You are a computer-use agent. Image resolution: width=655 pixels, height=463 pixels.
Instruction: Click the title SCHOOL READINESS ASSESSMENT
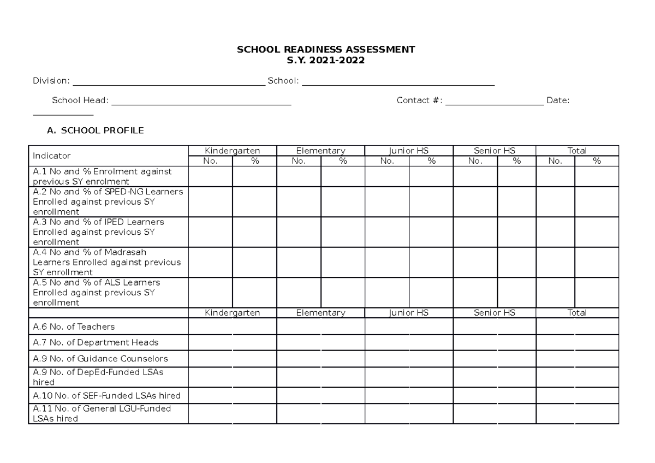[x=325, y=50]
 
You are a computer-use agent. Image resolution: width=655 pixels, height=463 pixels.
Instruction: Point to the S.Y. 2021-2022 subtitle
[x=325, y=60]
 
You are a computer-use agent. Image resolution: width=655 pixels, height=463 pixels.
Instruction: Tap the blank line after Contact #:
[x=494, y=103]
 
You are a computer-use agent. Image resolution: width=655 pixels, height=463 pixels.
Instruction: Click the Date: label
[x=558, y=100]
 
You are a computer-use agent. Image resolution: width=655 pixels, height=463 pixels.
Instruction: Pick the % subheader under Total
[x=597, y=161]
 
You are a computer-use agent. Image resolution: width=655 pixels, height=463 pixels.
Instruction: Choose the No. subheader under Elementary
[x=299, y=161]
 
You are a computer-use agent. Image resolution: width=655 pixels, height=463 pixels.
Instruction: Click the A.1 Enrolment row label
[x=103, y=176]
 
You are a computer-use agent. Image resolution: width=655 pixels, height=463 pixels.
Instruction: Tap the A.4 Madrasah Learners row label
[x=107, y=262]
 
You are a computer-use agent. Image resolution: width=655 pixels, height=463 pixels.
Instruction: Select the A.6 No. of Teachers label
[x=74, y=327]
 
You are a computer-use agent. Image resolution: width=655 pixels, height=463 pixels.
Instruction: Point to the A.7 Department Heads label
[x=96, y=342]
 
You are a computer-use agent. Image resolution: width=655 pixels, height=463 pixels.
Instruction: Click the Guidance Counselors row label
[x=100, y=359]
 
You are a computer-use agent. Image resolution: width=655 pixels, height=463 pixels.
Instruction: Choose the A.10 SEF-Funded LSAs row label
[x=106, y=395]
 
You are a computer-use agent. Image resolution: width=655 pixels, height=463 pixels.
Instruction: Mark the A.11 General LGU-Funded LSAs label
[x=102, y=414]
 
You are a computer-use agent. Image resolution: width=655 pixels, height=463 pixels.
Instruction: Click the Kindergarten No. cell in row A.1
[x=210, y=176]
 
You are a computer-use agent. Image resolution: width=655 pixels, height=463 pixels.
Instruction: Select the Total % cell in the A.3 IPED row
[x=597, y=232]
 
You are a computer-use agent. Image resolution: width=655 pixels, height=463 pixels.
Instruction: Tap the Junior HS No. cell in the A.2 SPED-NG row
[x=387, y=201]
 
